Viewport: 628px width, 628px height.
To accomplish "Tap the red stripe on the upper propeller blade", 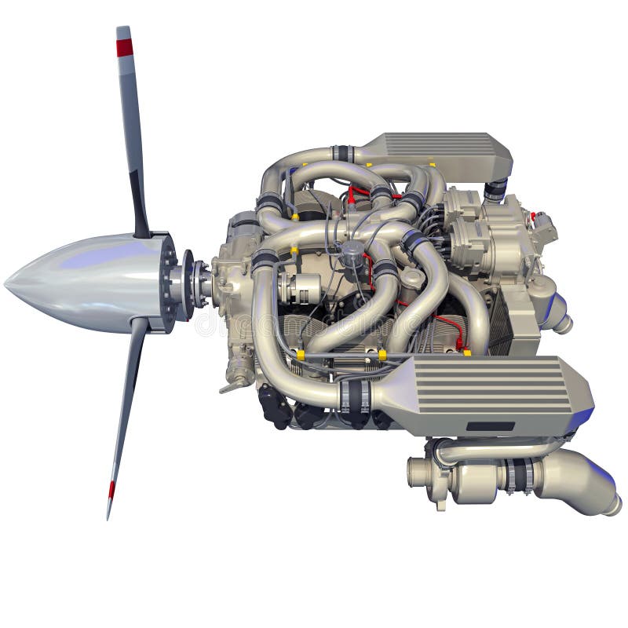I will tap(125, 48).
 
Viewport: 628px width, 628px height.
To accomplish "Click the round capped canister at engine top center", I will tap(352, 250).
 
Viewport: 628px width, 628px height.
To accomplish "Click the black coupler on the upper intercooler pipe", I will tap(341, 154).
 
